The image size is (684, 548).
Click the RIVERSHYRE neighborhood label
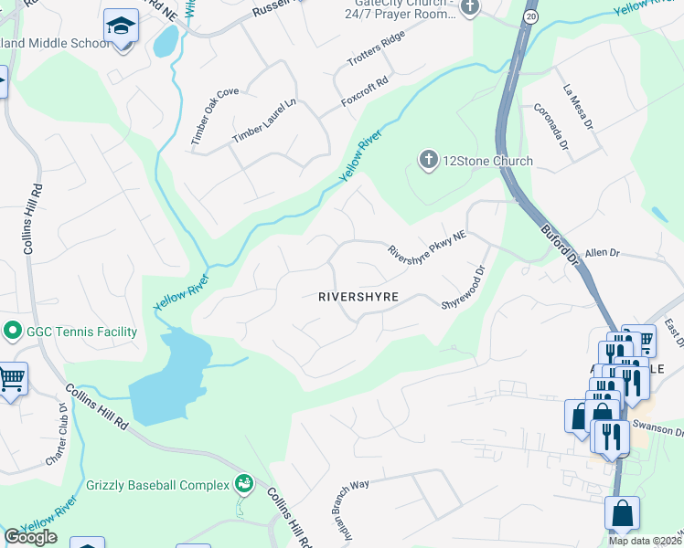tap(358, 297)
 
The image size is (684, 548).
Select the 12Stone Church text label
tap(487, 162)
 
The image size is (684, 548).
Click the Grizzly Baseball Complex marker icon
tap(243, 482)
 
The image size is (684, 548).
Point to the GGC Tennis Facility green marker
tap(13, 332)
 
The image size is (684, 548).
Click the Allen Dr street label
tap(603, 251)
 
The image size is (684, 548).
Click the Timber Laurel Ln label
tap(264, 120)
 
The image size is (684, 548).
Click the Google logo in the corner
tap(31, 537)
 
